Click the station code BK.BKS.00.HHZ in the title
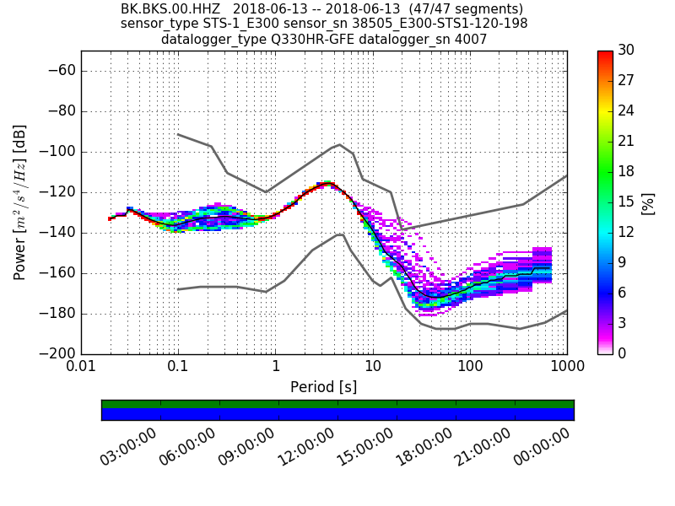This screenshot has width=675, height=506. [160, 9]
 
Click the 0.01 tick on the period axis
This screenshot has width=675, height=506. [81, 369]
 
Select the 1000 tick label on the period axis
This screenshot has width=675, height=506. [566, 369]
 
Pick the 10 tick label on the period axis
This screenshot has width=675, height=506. [373, 369]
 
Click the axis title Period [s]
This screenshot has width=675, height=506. [324, 387]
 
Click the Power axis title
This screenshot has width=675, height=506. [19, 202]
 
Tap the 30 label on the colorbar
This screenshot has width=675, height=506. [627, 51]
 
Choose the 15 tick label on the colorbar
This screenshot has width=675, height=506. [627, 202]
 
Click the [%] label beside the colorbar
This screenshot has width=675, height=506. [649, 202]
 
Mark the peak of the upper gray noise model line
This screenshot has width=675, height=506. [339, 144]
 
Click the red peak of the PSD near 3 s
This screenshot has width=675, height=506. [327, 183]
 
